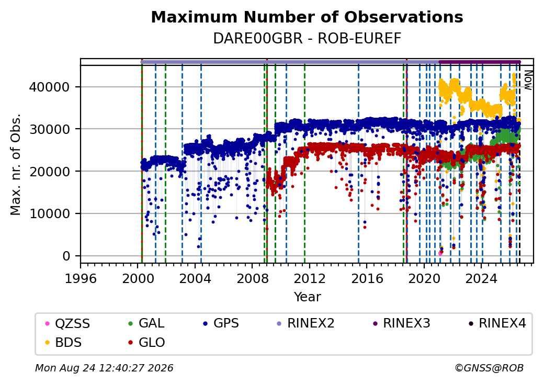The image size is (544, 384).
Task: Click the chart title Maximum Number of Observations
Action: coord(307,17)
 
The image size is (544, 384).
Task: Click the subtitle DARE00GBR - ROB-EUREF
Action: coord(307,39)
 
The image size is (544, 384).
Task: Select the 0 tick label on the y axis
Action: coord(66,256)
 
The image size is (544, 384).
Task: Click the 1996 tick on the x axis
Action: coord(81,278)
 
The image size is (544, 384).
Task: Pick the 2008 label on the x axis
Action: coord(252,278)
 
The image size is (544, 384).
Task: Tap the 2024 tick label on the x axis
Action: coord(481,278)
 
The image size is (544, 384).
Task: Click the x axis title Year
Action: coord(308,297)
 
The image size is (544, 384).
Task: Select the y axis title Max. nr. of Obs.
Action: coord(16,164)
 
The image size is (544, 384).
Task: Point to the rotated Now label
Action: coord(528,80)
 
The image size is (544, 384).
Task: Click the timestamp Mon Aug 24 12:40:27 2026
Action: coord(104,368)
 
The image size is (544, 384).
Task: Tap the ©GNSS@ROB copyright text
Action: coord(489,368)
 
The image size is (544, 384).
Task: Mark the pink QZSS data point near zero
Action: coord(440,253)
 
